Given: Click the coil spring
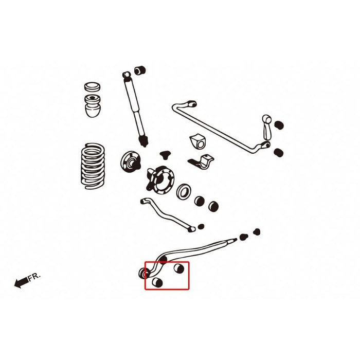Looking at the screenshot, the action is coord(93,166).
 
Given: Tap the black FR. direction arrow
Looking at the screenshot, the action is coord(22,282).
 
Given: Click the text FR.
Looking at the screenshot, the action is coord(34,277).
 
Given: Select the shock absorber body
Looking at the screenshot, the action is coord(135,109).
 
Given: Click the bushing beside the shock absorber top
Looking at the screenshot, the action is coord(140,70).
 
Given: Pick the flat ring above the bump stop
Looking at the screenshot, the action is coord(92,87).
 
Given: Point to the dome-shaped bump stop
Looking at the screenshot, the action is coord(93,106).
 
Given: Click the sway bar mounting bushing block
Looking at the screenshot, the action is coord(197,141).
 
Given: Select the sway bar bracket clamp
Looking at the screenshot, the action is coord(202,161).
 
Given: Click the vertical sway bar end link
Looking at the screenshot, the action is coord(267,128).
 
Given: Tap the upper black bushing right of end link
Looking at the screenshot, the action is coord(279,125).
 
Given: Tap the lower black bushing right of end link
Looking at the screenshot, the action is coord(279,153).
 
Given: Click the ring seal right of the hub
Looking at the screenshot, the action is coord(184,191).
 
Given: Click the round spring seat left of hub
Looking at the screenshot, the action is coord(131,161).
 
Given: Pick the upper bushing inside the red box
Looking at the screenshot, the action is coord(179,268).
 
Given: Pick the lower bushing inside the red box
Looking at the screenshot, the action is coord(157,282).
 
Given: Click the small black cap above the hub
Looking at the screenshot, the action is coord(165,155).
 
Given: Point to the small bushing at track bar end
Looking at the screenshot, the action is coord(201,227).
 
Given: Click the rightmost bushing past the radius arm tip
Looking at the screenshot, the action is coord(257,232).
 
